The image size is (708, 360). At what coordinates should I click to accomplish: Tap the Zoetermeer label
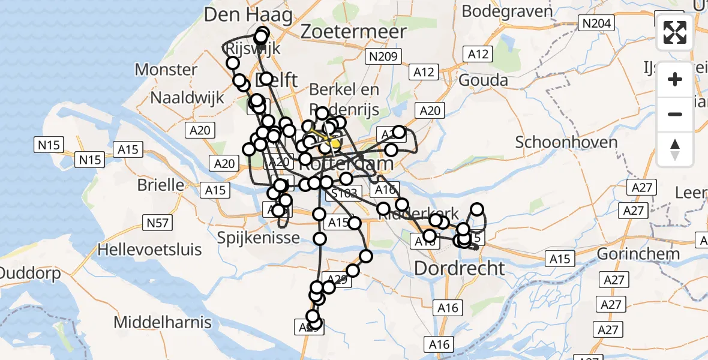[x=354, y=31]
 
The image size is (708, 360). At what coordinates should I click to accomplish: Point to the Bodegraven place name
[x=507, y=11]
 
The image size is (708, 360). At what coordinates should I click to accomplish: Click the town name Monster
[x=166, y=70]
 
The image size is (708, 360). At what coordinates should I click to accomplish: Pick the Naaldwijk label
[x=187, y=97]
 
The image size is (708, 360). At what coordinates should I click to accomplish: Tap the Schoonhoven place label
[x=566, y=143]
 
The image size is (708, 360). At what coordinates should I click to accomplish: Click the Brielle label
[x=161, y=185]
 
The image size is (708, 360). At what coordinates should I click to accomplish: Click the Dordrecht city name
[x=460, y=268]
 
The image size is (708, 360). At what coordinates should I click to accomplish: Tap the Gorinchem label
[x=638, y=253]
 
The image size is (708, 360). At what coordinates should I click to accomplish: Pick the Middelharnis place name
[x=163, y=322]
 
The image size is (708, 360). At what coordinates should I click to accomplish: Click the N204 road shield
[x=596, y=23]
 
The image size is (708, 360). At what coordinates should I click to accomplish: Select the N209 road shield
[x=383, y=57]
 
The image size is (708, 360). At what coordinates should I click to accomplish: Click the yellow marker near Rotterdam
[x=335, y=144]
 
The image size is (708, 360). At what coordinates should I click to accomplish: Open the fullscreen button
[x=675, y=32]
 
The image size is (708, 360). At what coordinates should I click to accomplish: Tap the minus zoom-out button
[x=675, y=114]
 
